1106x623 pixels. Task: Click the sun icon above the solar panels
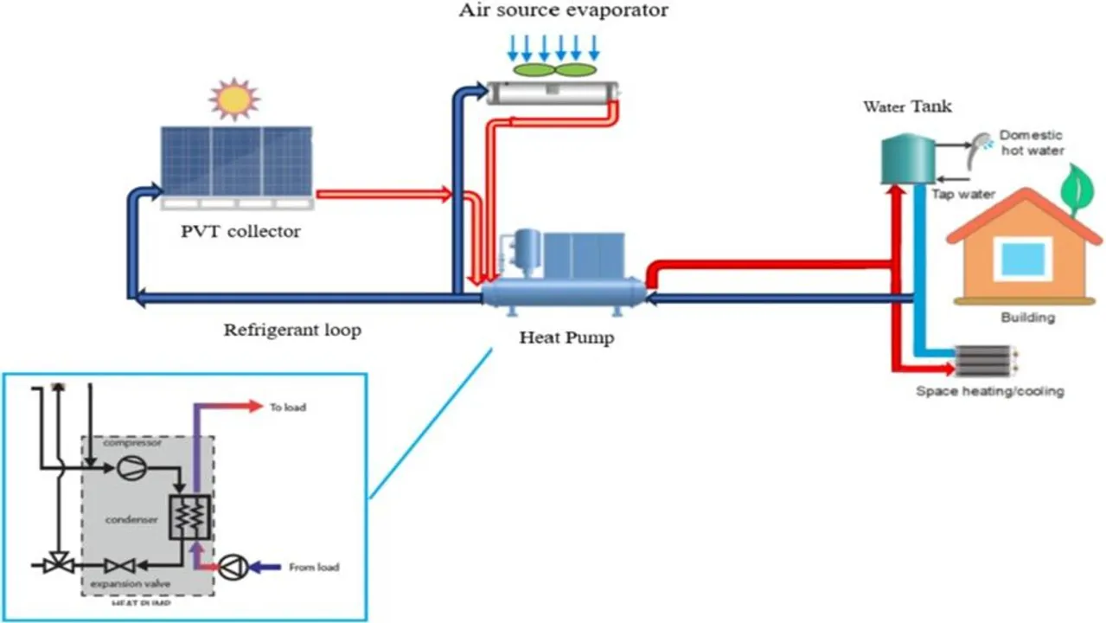tap(233, 99)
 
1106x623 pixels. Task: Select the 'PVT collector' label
tap(241, 232)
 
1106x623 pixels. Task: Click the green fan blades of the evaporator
tap(554, 68)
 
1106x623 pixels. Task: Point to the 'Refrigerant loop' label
tap(292, 330)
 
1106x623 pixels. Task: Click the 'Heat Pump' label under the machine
tap(566, 337)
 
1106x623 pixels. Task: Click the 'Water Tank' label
tap(907, 107)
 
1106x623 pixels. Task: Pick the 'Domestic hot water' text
tap(1032, 143)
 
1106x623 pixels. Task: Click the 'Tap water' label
tap(962, 194)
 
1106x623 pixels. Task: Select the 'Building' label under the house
tap(1027, 318)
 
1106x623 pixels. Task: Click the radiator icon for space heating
tap(983, 359)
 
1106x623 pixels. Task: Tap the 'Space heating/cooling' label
tap(989, 391)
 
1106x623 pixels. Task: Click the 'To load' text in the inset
tap(288, 407)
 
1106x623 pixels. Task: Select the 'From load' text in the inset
tap(315, 568)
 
